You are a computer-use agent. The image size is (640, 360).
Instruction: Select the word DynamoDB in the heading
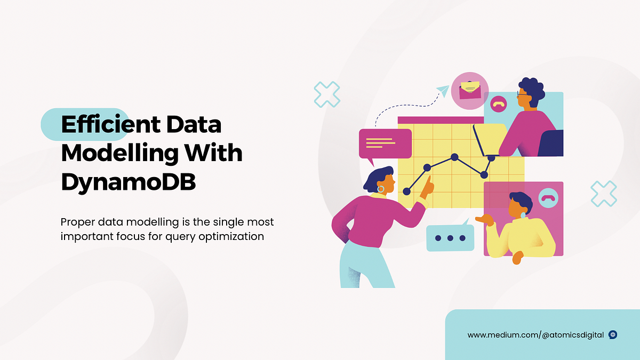tap(128, 182)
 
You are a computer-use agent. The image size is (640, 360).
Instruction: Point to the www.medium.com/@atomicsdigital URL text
tap(535, 335)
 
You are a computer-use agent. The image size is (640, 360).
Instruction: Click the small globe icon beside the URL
tap(613, 335)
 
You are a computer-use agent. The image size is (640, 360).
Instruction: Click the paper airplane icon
tap(442, 91)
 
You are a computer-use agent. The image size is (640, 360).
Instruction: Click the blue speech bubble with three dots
tap(450, 238)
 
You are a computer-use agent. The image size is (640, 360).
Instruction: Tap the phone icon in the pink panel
tap(547, 198)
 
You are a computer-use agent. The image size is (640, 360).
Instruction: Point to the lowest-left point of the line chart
tap(407, 190)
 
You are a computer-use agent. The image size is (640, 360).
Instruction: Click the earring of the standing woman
tap(381, 189)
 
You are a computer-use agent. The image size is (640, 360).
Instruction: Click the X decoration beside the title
tap(326, 94)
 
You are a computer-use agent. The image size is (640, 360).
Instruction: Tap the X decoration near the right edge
tap(604, 193)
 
